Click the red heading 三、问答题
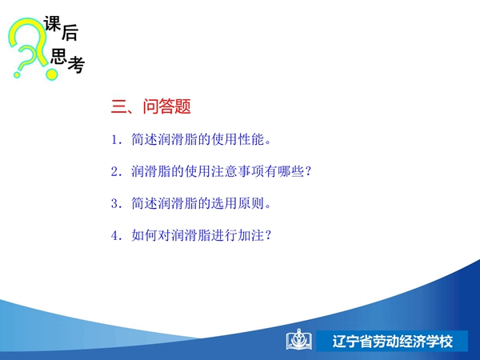tap(151, 106)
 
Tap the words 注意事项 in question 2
tap(238, 171)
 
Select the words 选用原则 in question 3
tap(238, 203)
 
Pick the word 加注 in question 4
tap(251, 235)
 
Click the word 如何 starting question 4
tap(144, 235)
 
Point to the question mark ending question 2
tap(308, 171)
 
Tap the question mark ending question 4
tap(268, 235)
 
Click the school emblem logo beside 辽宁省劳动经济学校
tap(298, 339)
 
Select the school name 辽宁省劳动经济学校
tap(393, 342)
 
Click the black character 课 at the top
tap(52, 23)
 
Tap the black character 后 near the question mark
tap(70, 33)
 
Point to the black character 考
tap(76, 65)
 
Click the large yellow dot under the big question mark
tap(52, 74)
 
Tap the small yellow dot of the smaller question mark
tap(17, 74)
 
